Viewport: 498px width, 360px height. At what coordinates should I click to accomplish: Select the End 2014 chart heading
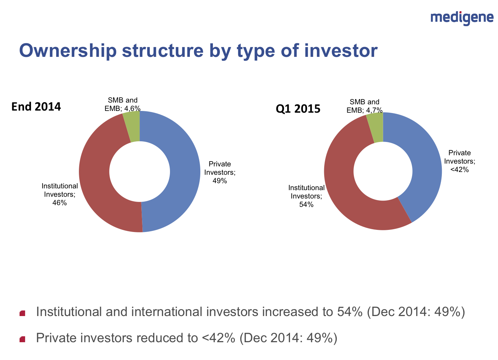pyautogui.click(x=36, y=106)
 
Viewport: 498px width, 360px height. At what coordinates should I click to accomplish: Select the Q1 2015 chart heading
pyautogui.click(x=298, y=109)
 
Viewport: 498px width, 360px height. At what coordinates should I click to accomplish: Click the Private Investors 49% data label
pyautogui.click(x=220, y=172)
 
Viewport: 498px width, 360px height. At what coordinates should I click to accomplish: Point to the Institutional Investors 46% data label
pyautogui.click(x=60, y=194)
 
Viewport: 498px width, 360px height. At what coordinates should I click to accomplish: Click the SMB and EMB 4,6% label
pyautogui.click(x=122, y=104)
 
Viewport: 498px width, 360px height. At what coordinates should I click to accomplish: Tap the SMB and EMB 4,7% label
pyautogui.click(x=364, y=106)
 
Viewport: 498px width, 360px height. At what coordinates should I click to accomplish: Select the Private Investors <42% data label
pyautogui.click(x=459, y=161)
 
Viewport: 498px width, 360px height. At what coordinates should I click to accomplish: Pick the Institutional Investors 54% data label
pyautogui.click(x=306, y=196)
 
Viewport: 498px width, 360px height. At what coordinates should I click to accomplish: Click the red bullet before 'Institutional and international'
pyautogui.click(x=23, y=313)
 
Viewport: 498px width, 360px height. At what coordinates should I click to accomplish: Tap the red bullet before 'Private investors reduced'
pyautogui.click(x=23, y=339)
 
